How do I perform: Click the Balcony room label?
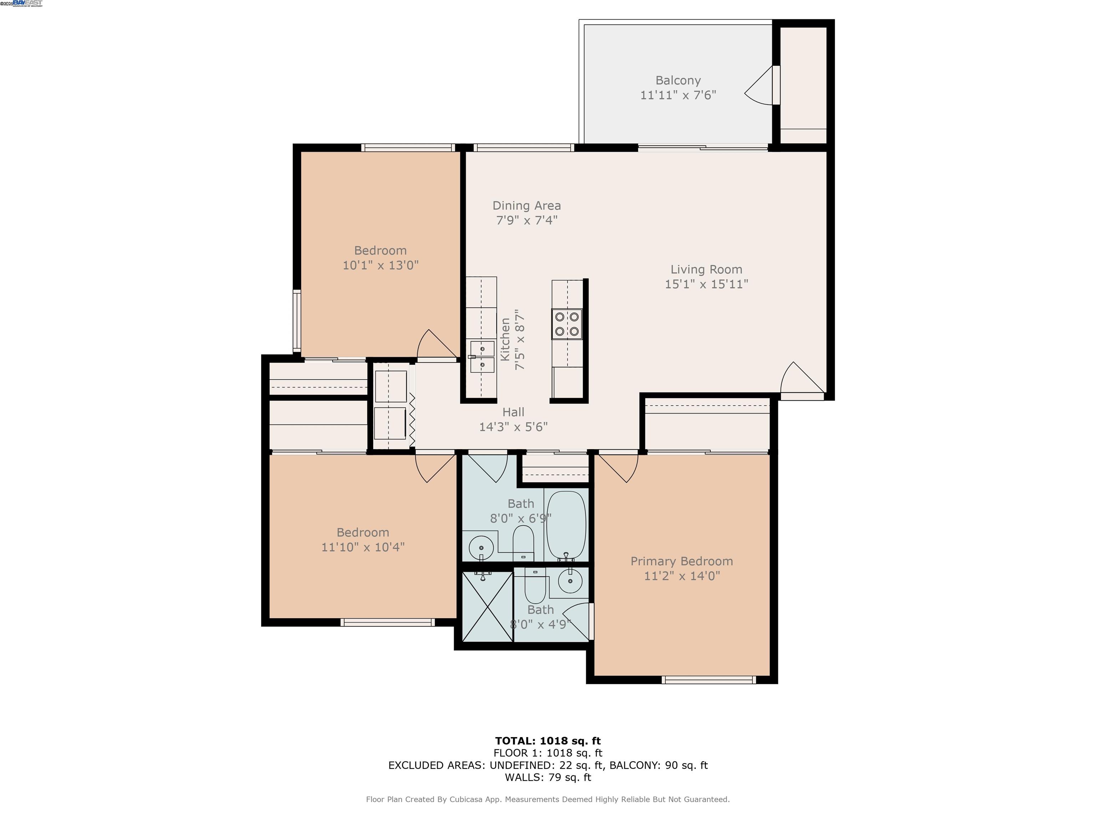(x=678, y=80)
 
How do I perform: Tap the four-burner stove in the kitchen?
(x=567, y=324)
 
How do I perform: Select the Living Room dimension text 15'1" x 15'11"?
(x=706, y=284)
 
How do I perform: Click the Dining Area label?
(x=526, y=205)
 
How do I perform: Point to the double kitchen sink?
(x=482, y=357)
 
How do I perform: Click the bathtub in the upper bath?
(x=566, y=525)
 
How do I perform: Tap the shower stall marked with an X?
(x=487, y=607)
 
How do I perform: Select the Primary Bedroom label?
(x=681, y=561)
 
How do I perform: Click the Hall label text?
(x=513, y=412)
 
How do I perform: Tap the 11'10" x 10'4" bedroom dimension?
(x=363, y=547)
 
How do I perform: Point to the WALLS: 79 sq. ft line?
(x=548, y=777)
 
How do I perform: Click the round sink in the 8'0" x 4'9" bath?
(x=570, y=581)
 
